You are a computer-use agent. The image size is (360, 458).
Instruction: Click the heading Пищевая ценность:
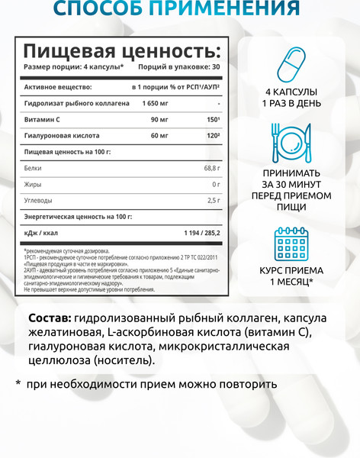tap(121, 52)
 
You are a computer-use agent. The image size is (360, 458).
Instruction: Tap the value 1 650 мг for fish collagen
tap(156, 103)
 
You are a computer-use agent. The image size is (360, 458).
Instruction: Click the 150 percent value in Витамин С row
tap(214, 119)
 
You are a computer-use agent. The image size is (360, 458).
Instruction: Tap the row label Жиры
tap(33, 184)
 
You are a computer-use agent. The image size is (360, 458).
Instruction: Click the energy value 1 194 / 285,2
tap(195, 232)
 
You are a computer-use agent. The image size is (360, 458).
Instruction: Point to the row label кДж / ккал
tap(44, 232)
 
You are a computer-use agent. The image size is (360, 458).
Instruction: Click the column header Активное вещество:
tap(58, 87)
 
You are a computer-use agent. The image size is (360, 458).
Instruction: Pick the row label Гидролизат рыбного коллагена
tap(72, 103)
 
